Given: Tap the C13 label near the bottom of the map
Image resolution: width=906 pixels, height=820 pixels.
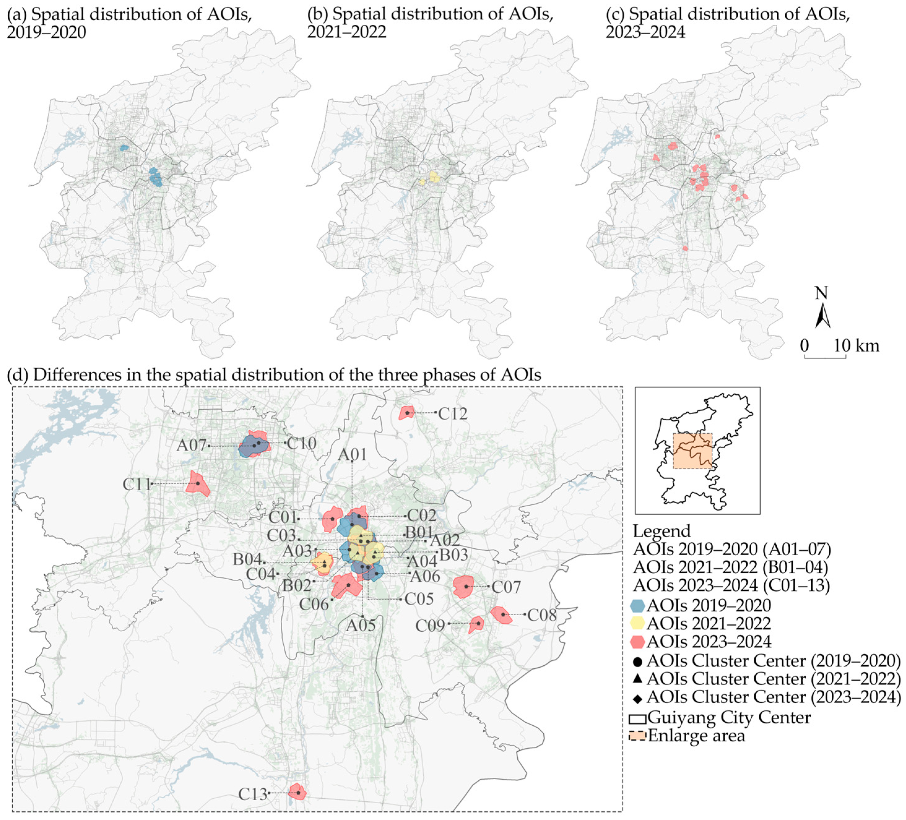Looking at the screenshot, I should tap(252, 794).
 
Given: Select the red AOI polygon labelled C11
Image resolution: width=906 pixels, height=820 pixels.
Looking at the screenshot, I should tap(198, 484).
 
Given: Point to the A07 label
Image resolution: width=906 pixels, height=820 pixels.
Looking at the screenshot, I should tap(192, 445).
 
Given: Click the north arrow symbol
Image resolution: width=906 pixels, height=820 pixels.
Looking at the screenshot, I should tap(822, 316).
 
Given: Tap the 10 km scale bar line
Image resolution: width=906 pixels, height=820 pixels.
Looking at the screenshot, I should tap(825, 358).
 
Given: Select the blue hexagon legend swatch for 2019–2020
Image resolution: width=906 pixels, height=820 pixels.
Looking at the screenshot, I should tap(638, 605).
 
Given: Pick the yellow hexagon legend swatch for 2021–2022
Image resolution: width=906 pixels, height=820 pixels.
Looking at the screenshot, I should tap(638, 623).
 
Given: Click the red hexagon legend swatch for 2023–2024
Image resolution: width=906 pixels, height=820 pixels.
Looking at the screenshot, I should tap(638, 641).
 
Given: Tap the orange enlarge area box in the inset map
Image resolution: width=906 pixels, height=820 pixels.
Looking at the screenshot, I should tap(692, 451).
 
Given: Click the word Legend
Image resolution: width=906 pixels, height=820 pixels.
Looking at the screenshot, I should tap(662, 531).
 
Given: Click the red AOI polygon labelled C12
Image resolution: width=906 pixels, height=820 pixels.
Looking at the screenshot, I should tap(406, 413).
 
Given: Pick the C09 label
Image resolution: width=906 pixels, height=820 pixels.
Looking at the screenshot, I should tap(429, 625).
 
